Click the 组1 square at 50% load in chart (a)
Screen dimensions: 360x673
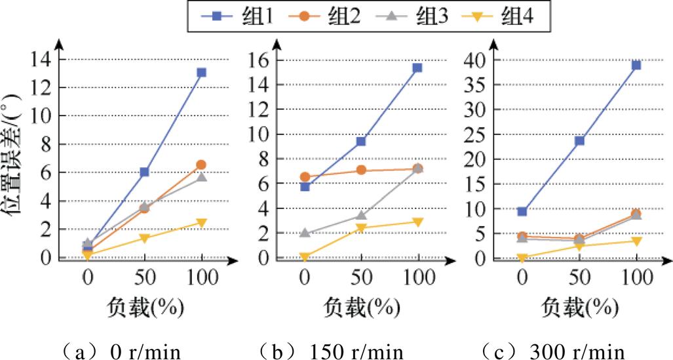tap(144, 172)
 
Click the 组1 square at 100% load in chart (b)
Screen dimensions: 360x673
tap(417, 68)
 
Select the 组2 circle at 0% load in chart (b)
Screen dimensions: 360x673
tap(305, 177)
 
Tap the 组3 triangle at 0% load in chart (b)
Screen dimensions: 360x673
tap(305, 233)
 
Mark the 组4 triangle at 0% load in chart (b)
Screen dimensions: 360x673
tap(305, 257)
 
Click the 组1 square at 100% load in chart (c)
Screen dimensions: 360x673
tap(636, 65)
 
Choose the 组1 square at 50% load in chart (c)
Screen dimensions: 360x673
tap(579, 140)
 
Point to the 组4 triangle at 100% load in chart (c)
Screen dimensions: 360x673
tap(636, 241)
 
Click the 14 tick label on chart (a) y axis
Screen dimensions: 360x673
tap(41, 60)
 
